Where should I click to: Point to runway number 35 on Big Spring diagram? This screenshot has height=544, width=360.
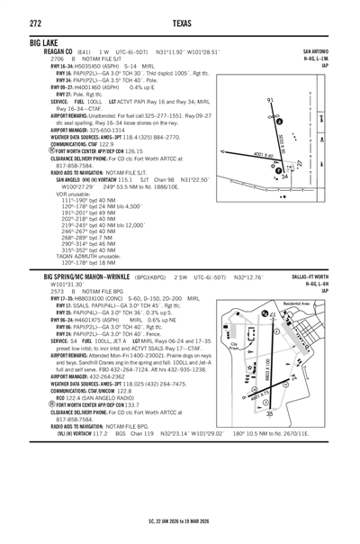pos(269,413)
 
